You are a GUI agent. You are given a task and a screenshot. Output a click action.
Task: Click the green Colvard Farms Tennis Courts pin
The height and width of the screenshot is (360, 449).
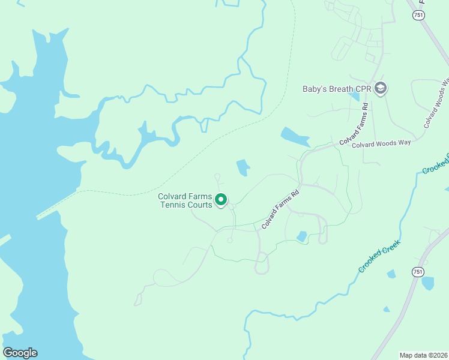(x=221, y=199)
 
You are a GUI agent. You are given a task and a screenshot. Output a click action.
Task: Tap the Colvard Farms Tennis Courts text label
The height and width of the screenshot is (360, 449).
(x=185, y=200)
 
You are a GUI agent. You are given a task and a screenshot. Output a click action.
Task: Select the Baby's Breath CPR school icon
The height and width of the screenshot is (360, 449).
(x=380, y=89)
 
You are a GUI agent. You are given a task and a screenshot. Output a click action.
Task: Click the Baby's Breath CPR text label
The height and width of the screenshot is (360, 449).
(x=336, y=89)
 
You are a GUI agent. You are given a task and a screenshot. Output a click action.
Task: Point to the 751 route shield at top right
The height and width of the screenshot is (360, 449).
(x=419, y=15)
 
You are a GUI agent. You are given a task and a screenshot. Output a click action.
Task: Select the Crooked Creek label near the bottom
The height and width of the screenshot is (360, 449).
(x=379, y=256)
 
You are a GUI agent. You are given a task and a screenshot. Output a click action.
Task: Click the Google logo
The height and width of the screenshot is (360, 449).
(x=20, y=353)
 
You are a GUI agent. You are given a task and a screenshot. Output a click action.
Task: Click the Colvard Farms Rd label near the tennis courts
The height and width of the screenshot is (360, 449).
(x=280, y=210)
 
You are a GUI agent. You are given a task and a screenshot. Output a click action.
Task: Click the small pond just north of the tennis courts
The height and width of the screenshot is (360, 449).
(x=243, y=167)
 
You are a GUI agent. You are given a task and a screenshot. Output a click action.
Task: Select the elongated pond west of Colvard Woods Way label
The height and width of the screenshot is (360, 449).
(x=295, y=137)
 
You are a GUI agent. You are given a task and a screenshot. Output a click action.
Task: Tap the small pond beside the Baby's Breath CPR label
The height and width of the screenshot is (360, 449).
(x=355, y=95)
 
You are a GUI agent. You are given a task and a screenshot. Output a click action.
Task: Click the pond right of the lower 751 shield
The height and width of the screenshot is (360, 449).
(x=428, y=283)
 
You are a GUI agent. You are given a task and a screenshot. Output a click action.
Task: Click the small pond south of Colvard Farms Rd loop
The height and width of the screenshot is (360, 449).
(x=302, y=236)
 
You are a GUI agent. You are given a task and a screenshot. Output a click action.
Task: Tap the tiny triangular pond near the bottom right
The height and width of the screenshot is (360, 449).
(x=386, y=310)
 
